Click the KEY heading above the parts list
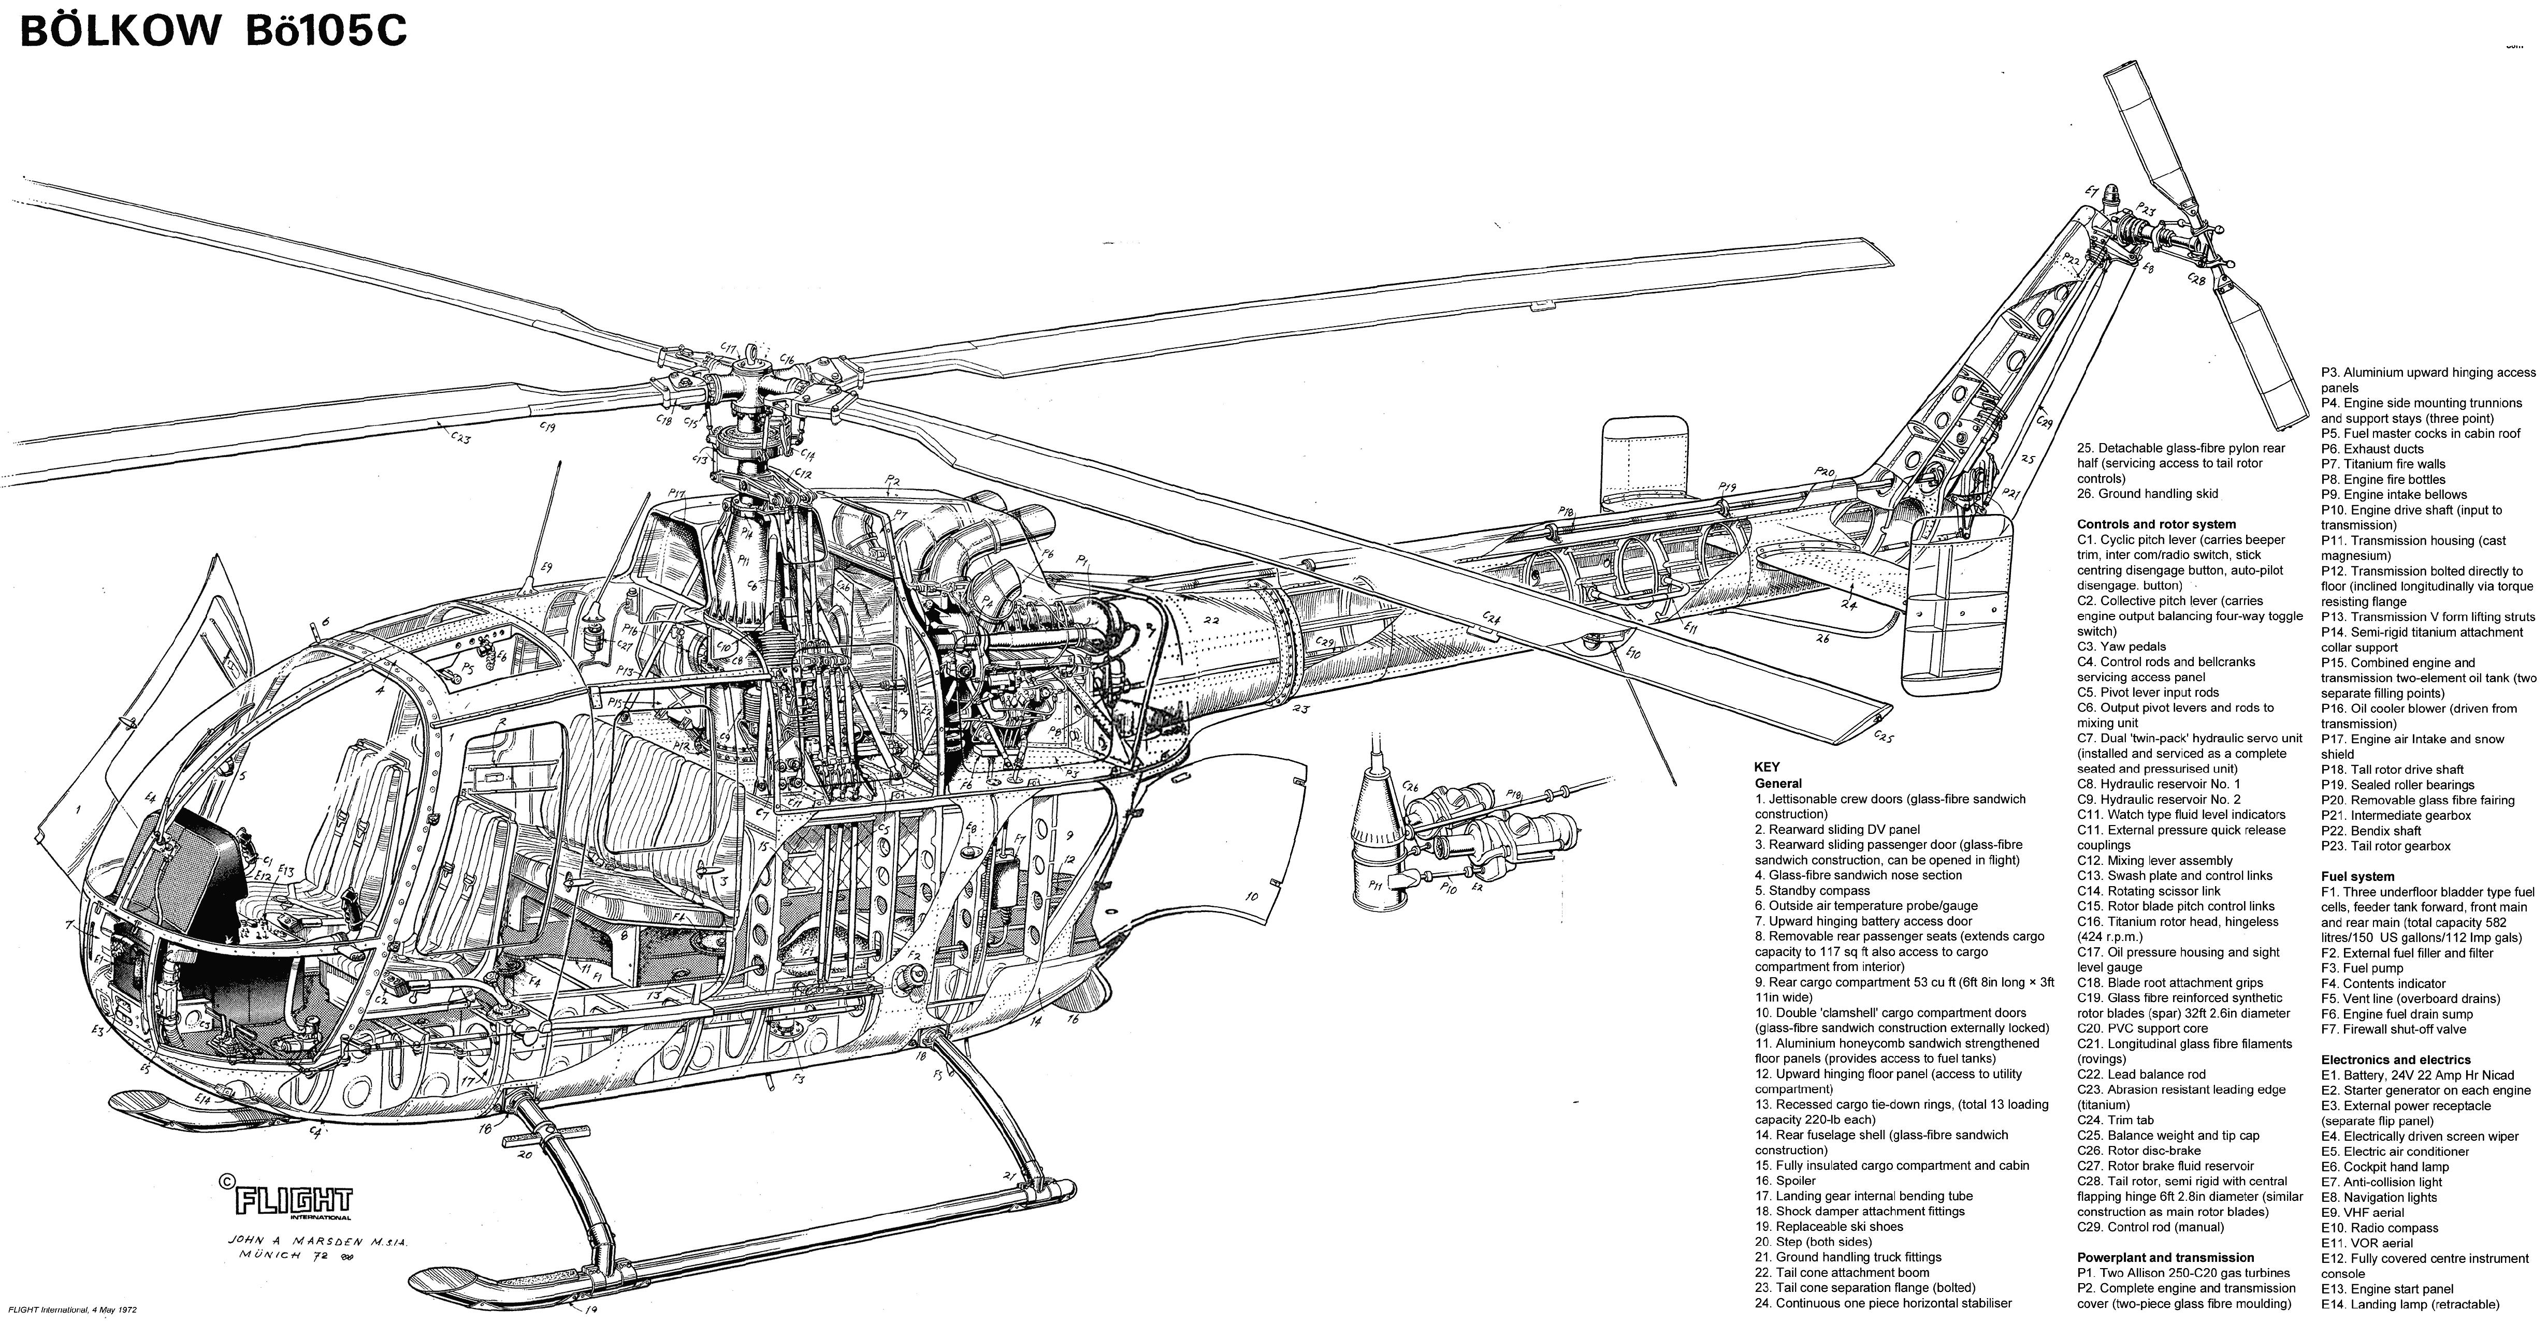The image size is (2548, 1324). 1767,767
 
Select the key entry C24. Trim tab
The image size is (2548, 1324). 2115,1120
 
